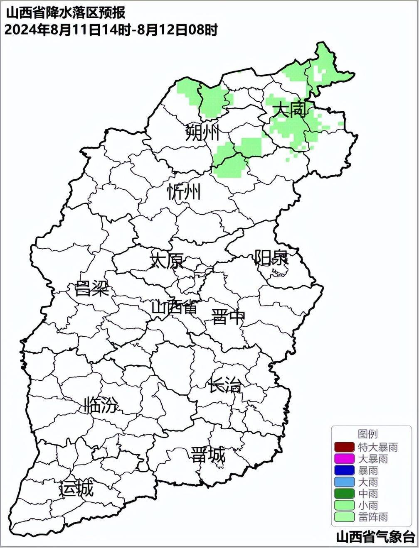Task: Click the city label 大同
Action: (x=290, y=110)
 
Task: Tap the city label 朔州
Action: (x=202, y=133)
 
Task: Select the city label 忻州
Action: (x=184, y=193)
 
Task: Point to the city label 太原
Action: (x=167, y=261)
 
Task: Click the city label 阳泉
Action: (x=271, y=257)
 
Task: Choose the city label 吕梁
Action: (x=92, y=288)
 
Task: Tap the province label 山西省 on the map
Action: (x=174, y=308)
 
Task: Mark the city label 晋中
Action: (x=228, y=317)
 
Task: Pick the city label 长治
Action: (x=225, y=386)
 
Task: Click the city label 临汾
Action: (x=101, y=405)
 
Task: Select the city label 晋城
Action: (x=208, y=455)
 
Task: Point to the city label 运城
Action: (x=76, y=489)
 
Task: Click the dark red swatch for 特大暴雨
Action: (x=344, y=447)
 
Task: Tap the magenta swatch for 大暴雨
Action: (x=344, y=459)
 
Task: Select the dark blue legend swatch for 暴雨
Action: (x=344, y=470)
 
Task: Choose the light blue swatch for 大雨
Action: (x=344, y=482)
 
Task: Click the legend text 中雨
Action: (x=368, y=494)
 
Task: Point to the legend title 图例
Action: (x=368, y=434)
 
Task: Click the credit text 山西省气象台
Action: (x=375, y=537)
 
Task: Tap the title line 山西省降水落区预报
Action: (x=65, y=13)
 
